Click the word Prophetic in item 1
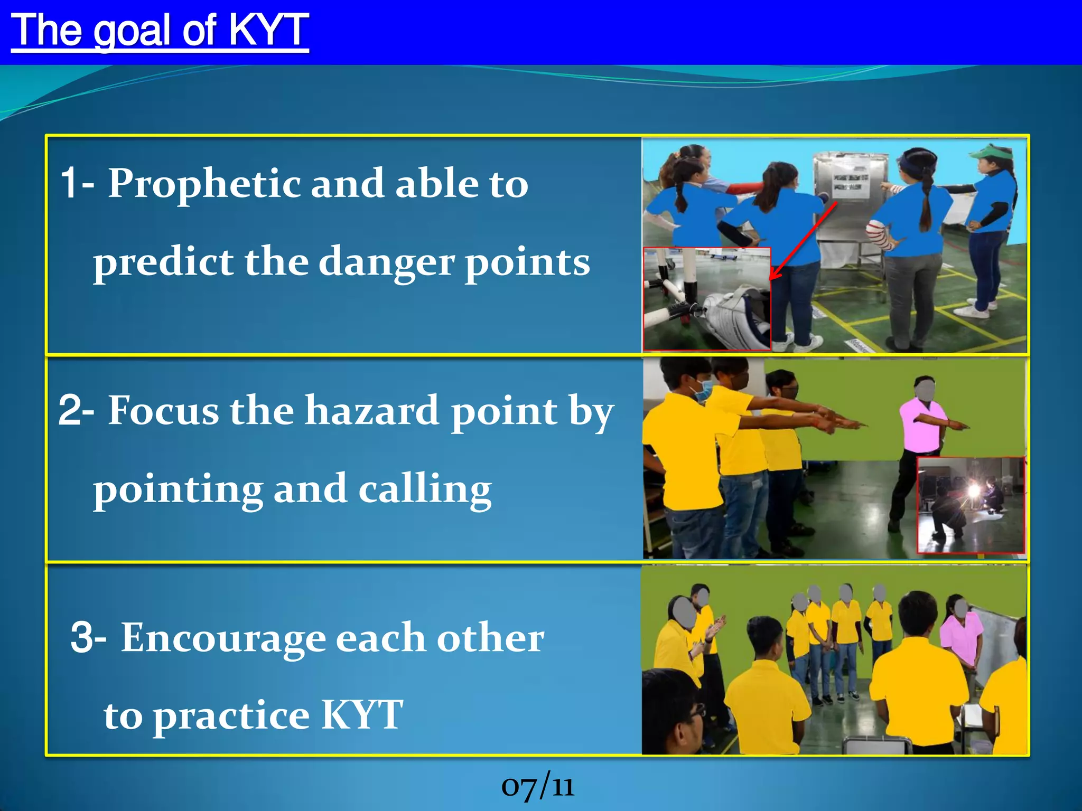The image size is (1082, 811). [x=204, y=183]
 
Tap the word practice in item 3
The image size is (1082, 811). [x=231, y=715]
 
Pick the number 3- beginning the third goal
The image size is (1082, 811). [x=88, y=638]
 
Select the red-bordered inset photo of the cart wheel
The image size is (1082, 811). [x=706, y=298]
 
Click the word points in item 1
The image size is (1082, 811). [x=527, y=262]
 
